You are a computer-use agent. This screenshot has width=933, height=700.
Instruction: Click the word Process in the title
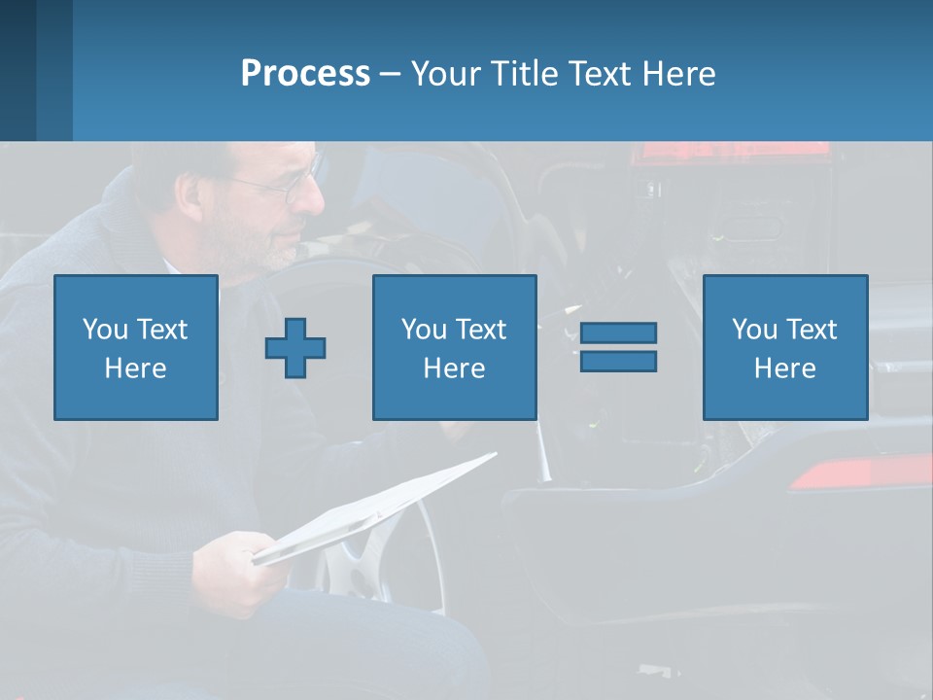pos(305,74)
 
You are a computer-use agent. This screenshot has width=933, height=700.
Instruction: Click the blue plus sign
pos(295,348)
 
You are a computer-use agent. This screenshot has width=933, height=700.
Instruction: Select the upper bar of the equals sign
pos(618,333)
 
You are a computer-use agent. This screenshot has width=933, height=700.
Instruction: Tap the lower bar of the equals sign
pos(618,362)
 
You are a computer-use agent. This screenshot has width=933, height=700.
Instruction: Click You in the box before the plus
pos(104,330)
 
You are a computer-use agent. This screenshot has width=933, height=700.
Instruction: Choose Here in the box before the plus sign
pos(135,368)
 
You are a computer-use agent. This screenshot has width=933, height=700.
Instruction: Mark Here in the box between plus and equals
pos(454,368)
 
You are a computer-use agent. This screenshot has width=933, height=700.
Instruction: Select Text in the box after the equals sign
pos(812,330)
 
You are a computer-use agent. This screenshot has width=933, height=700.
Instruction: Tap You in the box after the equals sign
pos(753,330)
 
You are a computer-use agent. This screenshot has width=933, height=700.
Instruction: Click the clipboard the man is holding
pos(379,506)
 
